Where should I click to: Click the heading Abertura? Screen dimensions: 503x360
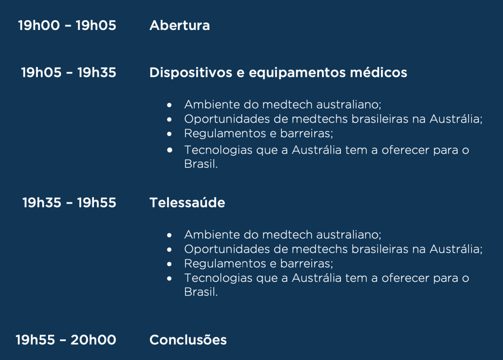click(179, 26)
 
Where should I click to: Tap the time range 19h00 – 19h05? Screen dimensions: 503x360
click(67, 26)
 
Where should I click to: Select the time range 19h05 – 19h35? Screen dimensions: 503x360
click(69, 72)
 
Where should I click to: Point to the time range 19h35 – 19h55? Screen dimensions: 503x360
click(69, 203)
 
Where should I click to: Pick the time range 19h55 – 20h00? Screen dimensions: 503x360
click(66, 340)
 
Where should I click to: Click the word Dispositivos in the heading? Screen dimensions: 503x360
click(191, 73)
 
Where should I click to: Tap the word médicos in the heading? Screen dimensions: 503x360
click(379, 72)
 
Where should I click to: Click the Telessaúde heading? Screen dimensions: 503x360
click(187, 203)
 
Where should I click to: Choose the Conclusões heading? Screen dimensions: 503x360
click(188, 340)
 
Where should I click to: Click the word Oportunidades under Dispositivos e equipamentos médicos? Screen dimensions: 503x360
click(228, 119)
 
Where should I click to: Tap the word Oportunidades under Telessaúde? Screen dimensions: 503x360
click(228, 249)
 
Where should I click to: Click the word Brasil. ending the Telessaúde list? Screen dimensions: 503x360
click(201, 292)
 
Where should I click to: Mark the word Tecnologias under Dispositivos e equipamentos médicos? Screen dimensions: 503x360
click(218, 150)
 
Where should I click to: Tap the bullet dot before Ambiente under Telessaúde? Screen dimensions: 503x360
click(169, 235)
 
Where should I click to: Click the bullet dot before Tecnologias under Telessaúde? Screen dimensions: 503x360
click(169, 278)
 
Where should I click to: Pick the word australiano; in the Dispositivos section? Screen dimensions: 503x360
click(349, 105)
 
